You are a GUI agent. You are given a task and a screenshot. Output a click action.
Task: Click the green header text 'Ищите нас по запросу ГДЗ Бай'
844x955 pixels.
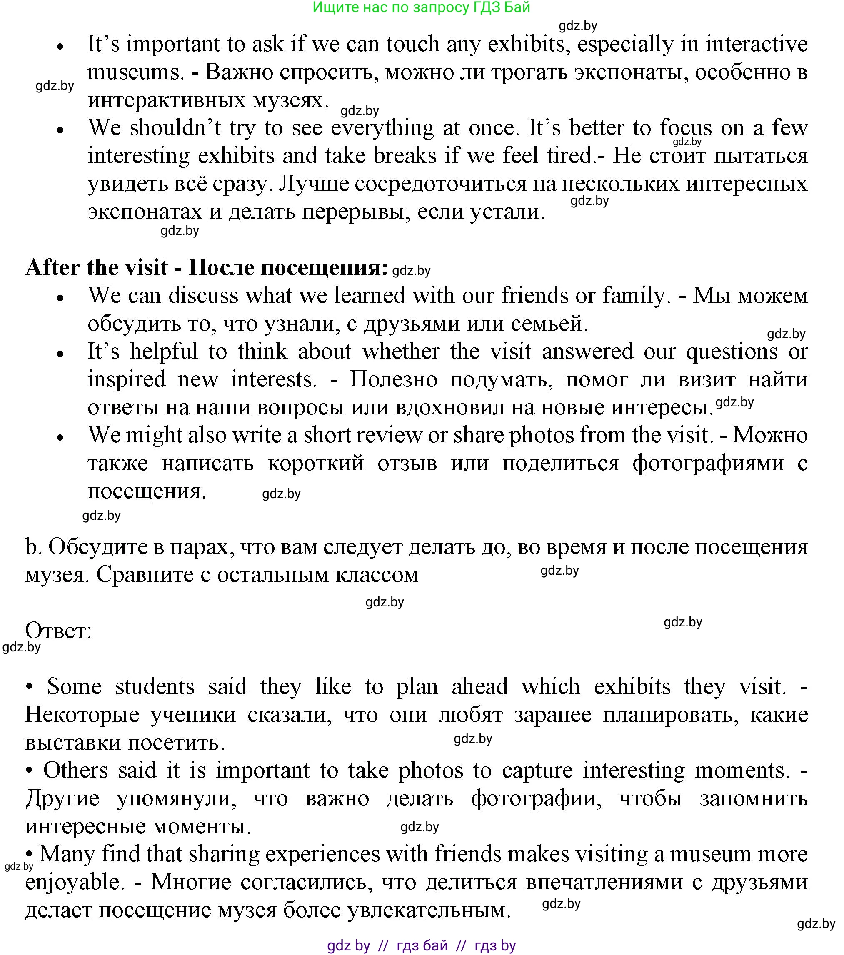[421, 7]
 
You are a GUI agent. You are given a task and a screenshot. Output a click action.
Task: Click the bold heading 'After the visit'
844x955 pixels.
[96, 268]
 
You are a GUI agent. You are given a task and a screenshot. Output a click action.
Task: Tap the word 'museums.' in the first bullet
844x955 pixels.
[135, 72]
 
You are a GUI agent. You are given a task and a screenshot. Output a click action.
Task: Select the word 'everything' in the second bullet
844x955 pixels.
[382, 127]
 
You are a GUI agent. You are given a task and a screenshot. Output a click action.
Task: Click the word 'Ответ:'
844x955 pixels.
[58, 631]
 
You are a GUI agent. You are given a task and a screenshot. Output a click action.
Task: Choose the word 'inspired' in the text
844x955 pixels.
[127, 379]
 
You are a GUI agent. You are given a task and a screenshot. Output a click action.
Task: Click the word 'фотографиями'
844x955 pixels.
[708, 463]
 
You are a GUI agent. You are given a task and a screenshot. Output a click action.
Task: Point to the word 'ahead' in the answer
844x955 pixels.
[479, 686]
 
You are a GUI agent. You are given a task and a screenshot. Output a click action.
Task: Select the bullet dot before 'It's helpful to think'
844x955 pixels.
[60, 354]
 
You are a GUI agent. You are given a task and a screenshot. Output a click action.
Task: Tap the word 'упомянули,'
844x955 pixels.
[176, 798]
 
